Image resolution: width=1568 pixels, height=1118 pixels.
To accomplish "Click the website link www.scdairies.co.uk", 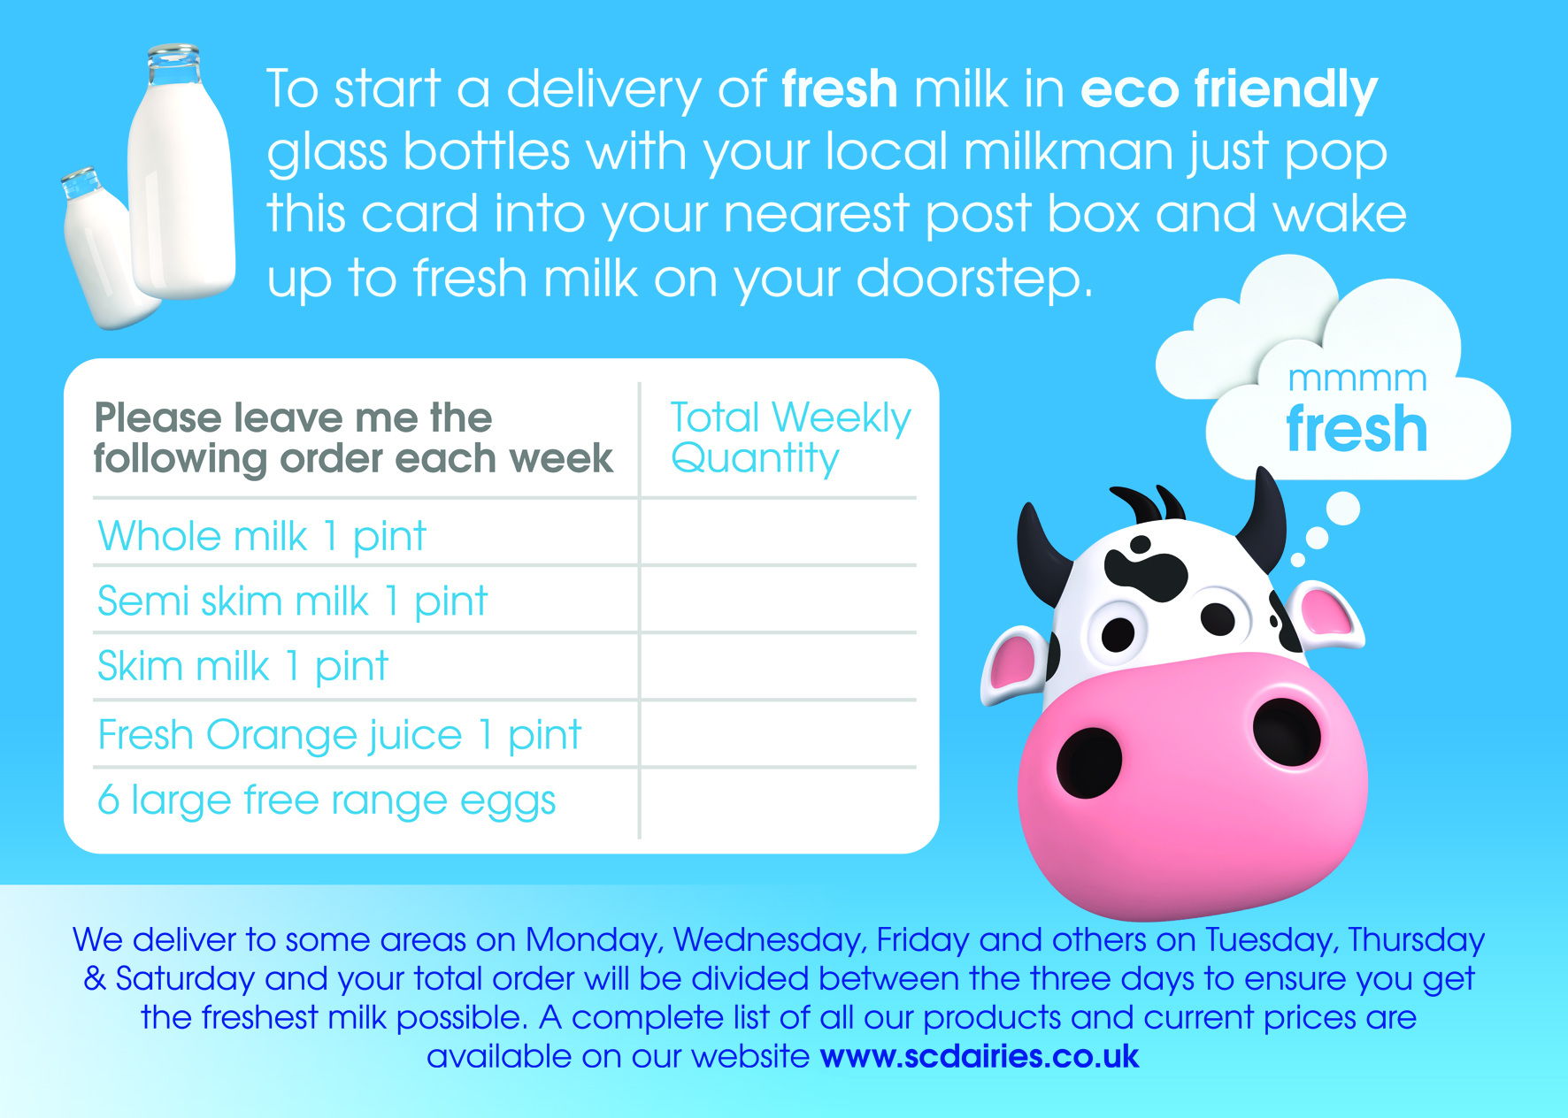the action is pyautogui.click(x=980, y=1056).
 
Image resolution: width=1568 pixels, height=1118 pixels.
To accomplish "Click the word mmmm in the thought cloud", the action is pyautogui.click(x=1357, y=379).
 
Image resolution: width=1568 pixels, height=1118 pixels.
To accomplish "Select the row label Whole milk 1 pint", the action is pyautogui.click(x=262, y=536).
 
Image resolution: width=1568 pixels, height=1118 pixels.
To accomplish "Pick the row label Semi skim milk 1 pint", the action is pyautogui.click(x=292, y=601).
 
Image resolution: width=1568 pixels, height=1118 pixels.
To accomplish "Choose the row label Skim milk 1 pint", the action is pyautogui.click(x=242, y=667).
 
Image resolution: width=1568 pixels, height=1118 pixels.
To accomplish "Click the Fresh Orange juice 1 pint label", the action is pyautogui.click(x=340, y=735).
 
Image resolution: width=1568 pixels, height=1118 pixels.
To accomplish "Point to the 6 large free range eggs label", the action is pyautogui.click(x=327, y=801).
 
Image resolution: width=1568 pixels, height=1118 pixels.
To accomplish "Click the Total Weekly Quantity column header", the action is pyautogui.click(x=790, y=438).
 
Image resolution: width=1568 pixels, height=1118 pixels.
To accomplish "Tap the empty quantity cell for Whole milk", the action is pyautogui.click(x=779, y=532).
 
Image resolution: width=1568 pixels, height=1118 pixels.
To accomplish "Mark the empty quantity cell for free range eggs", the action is pyautogui.click(x=779, y=802).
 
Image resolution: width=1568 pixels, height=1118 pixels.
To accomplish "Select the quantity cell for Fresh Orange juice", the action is pyautogui.click(x=779, y=734).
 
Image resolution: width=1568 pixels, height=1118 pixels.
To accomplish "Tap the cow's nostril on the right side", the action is pyautogui.click(x=1287, y=731).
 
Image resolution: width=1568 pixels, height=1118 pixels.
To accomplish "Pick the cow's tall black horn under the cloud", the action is pyautogui.click(x=1264, y=522).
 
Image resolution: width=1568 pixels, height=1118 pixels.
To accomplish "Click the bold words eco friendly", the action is pyautogui.click(x=1229, y=90).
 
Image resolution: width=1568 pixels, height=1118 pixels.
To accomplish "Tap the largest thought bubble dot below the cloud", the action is pyautogui.click(x=1343, y=509).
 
